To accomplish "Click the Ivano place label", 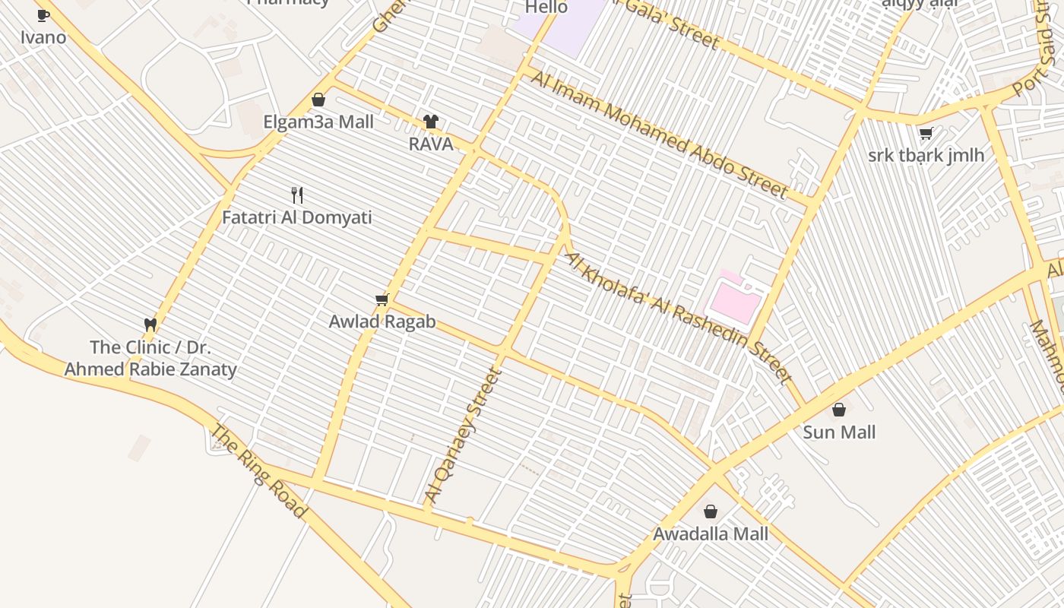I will click(43, 37).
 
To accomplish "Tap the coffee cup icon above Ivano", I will click(43, 15).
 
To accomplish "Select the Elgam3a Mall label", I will click(318, 122).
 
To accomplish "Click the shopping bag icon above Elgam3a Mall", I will click(318, 100).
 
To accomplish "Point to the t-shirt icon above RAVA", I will click(431, 122).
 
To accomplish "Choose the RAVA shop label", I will click(431, 144).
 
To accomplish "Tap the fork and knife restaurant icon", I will click(297, 195).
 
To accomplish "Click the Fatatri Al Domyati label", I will click(297, 218).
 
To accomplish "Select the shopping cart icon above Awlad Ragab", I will click(382, 299).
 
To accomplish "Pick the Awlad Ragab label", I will click(382, 321).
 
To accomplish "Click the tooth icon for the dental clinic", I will click(150, 325).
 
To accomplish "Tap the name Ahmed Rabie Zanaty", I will click(150, 370).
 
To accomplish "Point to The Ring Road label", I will click(258, 471).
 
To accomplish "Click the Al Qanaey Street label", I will click(464, 435).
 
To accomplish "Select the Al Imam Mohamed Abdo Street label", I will click(658, 134).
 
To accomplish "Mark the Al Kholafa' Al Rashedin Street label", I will click(679, 317).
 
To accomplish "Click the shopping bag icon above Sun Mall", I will click(839, 410).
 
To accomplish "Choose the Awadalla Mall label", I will click(711, 534).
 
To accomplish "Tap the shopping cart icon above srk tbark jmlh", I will click(926, 134).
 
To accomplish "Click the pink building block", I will click(735, 302).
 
